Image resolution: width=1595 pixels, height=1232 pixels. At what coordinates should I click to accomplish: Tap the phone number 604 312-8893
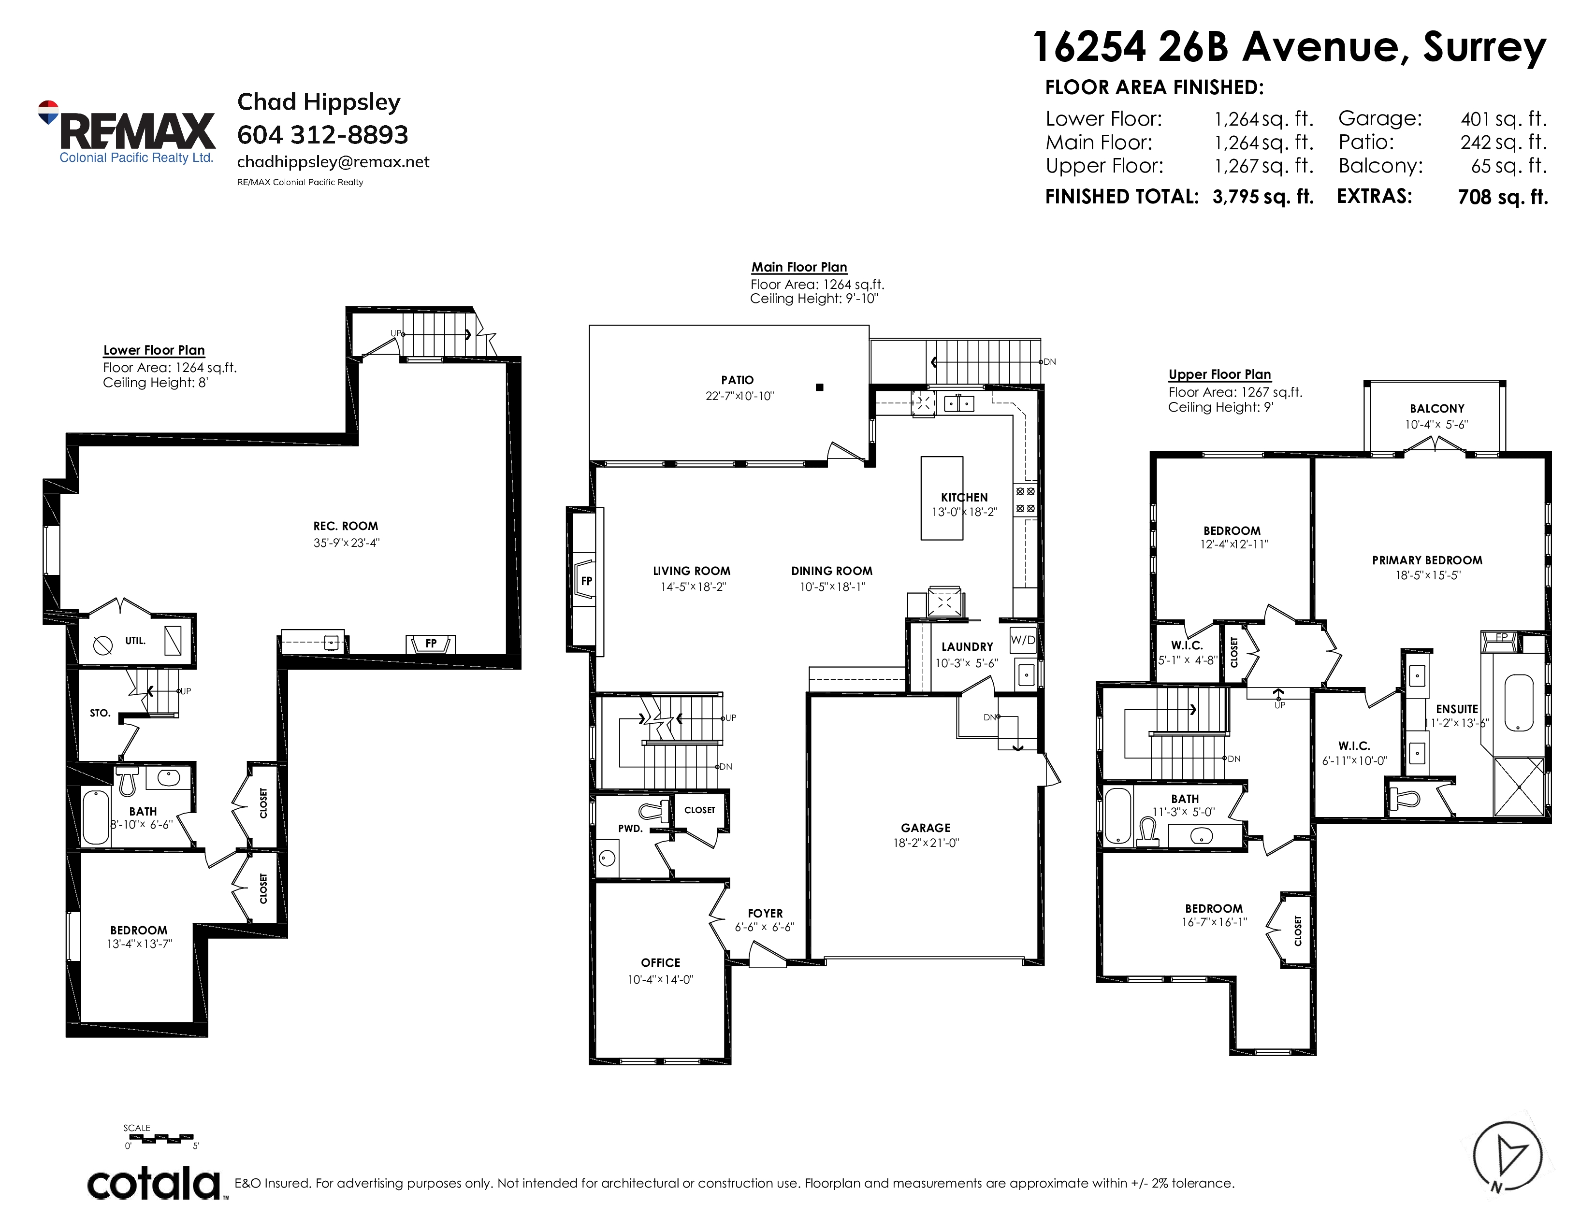[323, 135]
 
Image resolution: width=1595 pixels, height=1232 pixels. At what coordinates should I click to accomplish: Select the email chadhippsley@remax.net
[333, 162]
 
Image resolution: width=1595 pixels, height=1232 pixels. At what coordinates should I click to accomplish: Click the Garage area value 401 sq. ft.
[1504, 118]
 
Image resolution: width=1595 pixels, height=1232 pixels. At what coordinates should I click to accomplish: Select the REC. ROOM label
[346, 526]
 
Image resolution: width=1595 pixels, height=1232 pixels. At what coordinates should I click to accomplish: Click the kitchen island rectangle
[942, 499]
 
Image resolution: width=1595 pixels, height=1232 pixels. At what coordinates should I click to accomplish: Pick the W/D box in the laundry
[1022, 640]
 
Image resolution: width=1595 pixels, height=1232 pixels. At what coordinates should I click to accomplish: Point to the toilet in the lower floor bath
[128, 780]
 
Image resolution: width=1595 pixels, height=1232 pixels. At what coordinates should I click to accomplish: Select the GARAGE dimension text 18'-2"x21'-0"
[925, 843]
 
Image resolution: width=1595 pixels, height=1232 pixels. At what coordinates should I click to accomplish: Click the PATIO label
[737, 380]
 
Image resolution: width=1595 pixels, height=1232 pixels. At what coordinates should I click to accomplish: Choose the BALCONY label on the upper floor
[1436, 409]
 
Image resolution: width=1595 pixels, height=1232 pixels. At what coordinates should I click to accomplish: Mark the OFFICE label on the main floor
[660, 963]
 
